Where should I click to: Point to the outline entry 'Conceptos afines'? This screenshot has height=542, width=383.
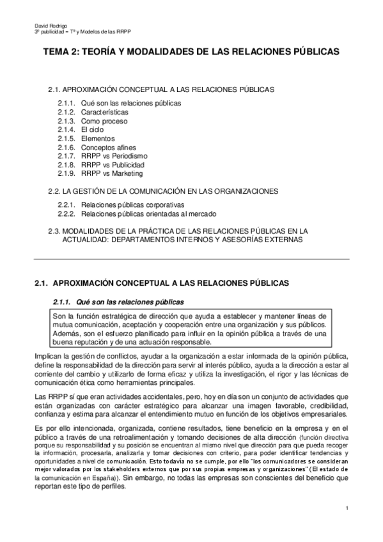coord(107,147)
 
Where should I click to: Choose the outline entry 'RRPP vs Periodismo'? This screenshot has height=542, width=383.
coord(114,155)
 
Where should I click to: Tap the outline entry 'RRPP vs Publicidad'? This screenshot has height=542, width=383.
coord(113,164)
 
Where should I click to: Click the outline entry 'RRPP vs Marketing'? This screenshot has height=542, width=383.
coord(112,173)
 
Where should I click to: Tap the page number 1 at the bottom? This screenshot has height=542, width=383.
coord(346,509)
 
